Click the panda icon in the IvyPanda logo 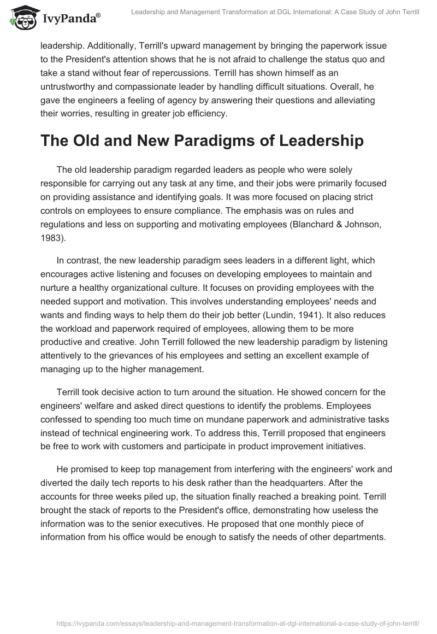tap(21, 17)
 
